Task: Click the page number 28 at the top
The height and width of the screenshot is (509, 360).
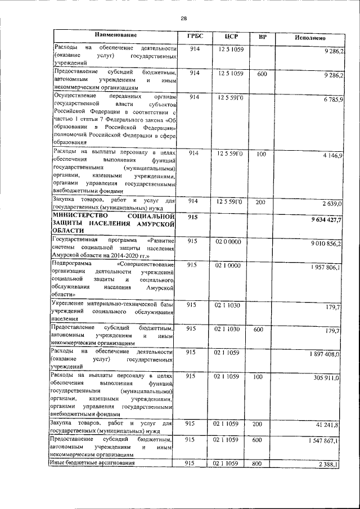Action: [x=183, y=18]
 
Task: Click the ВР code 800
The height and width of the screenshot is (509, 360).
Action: [x=258, y=463]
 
